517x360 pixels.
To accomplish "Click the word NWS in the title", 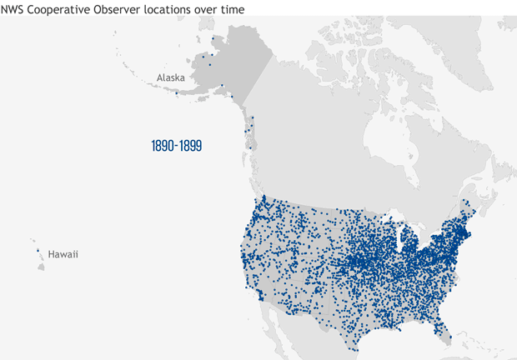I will click(x=13, y=7).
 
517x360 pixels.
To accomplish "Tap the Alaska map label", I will click(x=170, y=77).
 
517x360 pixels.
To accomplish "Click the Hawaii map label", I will click(x=63, y=254).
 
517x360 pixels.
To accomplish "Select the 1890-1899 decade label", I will click(x=177, y=146).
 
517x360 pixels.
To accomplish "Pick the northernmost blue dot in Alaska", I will click(x=213, y=37).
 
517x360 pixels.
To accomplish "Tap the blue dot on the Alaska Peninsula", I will click(x=177, y=92).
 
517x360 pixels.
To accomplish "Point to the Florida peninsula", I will click(x=445, y=328).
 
